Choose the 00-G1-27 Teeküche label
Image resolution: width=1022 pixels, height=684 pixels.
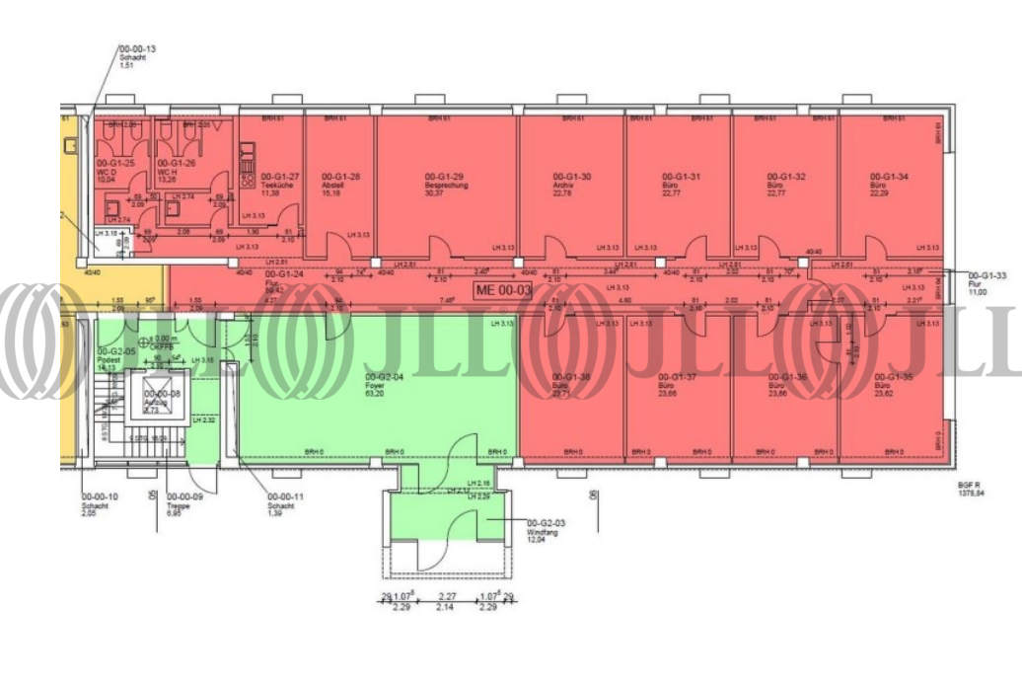click(281, 185)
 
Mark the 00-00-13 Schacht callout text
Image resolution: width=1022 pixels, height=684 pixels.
click(138, 55)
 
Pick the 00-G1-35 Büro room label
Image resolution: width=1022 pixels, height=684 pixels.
click(891, 384)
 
